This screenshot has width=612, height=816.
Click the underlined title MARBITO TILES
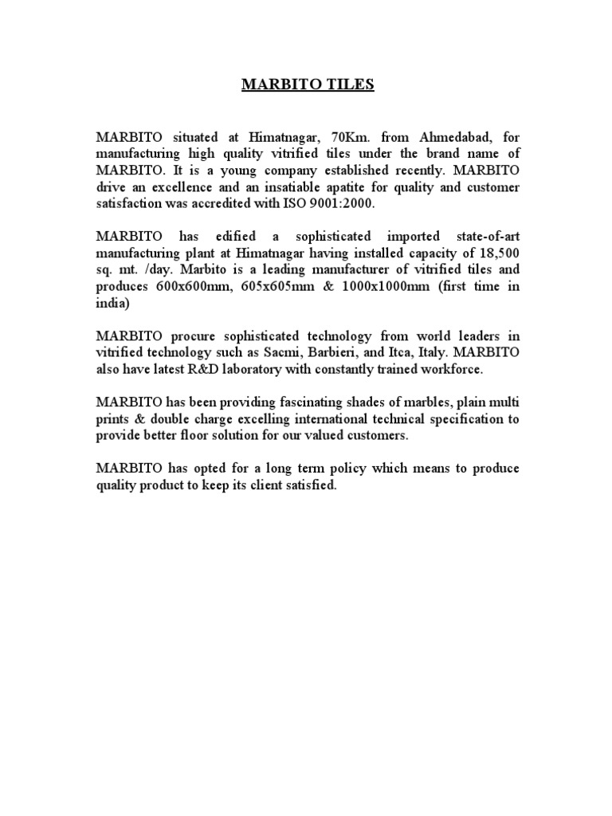[308, 85]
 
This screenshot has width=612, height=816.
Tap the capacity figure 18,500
[495, 253]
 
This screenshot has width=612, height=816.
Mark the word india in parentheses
[112, 303]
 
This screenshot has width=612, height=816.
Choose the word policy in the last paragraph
[359, 468]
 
